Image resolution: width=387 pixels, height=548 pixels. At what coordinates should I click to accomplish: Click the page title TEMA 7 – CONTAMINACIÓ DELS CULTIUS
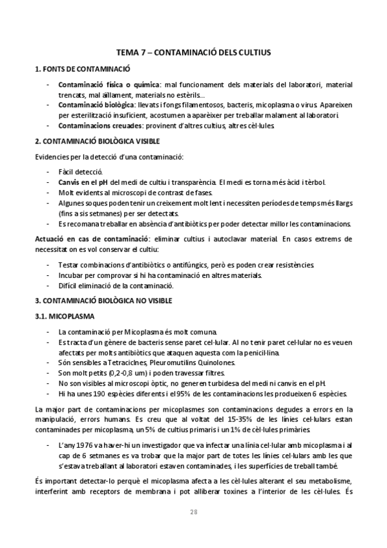click(193, 51)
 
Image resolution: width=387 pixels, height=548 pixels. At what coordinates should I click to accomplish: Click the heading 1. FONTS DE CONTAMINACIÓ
click(82, 68)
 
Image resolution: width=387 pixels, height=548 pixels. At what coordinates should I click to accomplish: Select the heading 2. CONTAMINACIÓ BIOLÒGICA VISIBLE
click(97, 141)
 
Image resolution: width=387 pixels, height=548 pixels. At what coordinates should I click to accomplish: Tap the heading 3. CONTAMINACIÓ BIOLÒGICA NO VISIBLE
click(103, 301)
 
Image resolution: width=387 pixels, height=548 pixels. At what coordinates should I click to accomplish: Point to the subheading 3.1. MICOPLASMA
click(64, 317)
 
